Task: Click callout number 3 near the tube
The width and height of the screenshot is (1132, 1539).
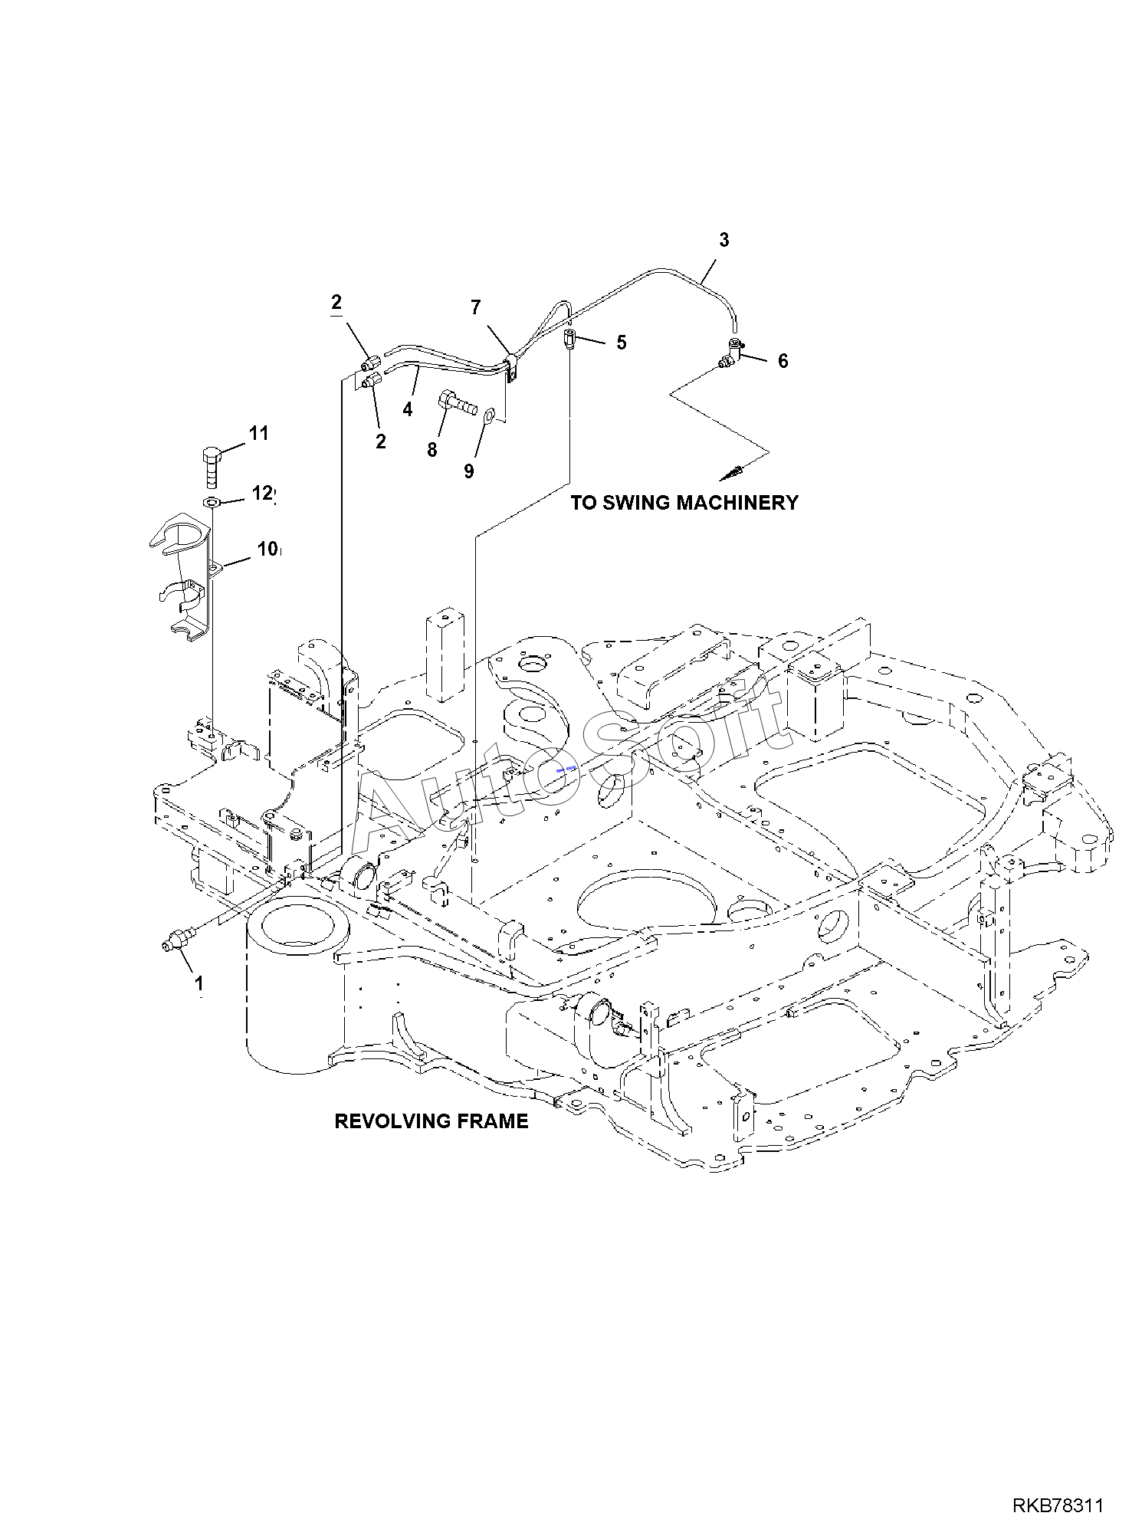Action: pos(723,240)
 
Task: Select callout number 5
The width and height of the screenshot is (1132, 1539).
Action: pos(621,343)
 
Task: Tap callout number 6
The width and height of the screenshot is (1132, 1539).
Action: pos(783,361)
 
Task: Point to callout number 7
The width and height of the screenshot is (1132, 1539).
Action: pos(476,308)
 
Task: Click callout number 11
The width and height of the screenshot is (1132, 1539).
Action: pos(259,433)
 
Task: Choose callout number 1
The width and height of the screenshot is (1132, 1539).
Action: pos(199,983)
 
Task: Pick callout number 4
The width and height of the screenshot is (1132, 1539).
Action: pos(408,410)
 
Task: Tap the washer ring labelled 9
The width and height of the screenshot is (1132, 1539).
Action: pos(489,417)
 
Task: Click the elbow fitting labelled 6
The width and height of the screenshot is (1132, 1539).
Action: pos(731,356)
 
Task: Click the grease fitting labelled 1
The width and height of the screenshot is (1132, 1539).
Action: pos(181,940)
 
